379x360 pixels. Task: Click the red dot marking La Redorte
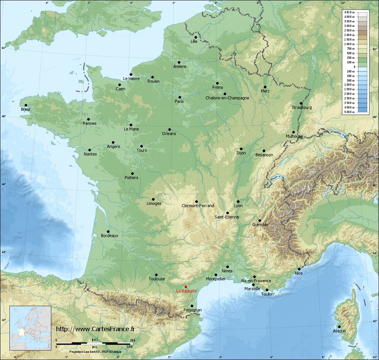pos(186,287)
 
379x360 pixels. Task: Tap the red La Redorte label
pos(186,291)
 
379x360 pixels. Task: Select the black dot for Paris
pos(180,97)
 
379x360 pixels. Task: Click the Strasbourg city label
pos(302,107)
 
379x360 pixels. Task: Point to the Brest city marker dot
pos(26,105)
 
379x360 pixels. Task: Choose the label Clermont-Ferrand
pos(198,206)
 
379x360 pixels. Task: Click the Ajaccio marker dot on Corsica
pos(339,327)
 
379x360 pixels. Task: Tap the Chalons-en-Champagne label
pos(227,98)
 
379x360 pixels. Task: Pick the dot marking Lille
pos(196,37)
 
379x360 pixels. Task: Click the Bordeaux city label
pos(110,236)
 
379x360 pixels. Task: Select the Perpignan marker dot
pos(193,306)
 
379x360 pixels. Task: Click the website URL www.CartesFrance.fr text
pos(95,329)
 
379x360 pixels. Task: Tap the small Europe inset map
pos(30,328)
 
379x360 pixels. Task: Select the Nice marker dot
pos(299,269)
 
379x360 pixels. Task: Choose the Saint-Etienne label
pos(227,217)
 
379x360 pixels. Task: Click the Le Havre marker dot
pos(131,74)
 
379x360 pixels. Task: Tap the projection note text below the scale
pos(95,352)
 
